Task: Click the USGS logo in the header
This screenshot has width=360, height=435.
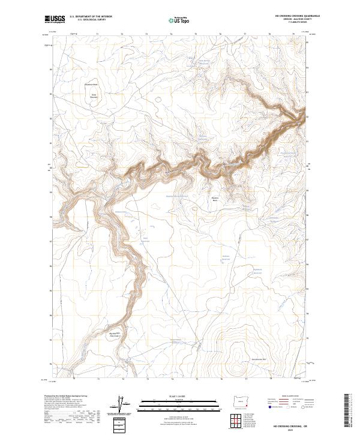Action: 55,19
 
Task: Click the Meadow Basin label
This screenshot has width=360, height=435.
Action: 215,199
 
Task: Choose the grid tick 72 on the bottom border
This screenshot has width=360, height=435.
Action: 122,379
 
